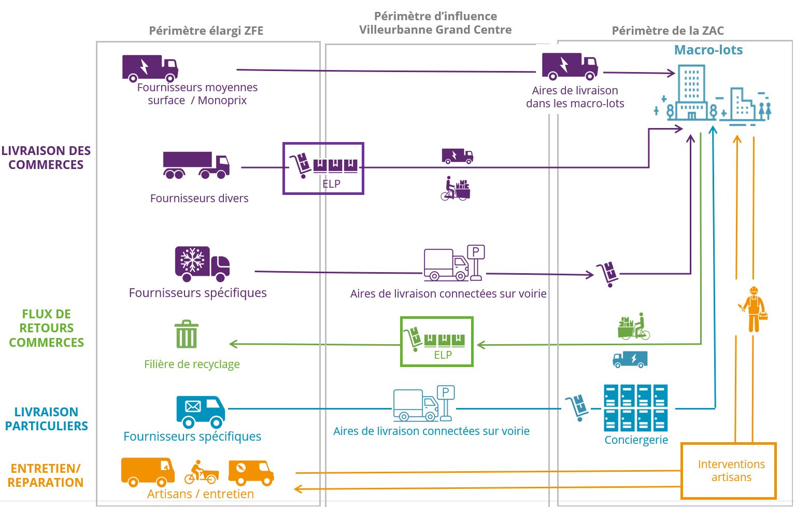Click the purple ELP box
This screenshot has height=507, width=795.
tap(323, 168)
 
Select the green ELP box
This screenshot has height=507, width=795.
tap(437, 342)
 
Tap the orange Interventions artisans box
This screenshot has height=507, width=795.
tap(728, 470)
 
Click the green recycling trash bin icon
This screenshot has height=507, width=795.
tap(187, 334)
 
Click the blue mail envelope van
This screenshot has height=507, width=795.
tap(201, 411)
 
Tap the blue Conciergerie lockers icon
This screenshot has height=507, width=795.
tap(635, 408)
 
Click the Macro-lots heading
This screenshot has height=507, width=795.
tap(708, 50)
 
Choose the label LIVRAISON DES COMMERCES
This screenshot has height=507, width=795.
tap(46, 158)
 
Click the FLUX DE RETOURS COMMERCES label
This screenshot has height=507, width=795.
tap(46, 328)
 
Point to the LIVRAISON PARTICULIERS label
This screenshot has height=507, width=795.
tap(46, 419)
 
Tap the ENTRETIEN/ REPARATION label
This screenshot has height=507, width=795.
tap(46, 475)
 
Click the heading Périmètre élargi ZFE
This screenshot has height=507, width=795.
tap(206, 31)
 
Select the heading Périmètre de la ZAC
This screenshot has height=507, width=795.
tap(668, 31)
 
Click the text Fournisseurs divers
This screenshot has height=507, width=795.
tap(199, 199)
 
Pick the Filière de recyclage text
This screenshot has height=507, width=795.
tap(192, 364)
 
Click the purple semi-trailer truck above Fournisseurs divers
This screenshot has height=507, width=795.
tap(196, 165)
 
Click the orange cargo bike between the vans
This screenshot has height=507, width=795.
tap(201, 472)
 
